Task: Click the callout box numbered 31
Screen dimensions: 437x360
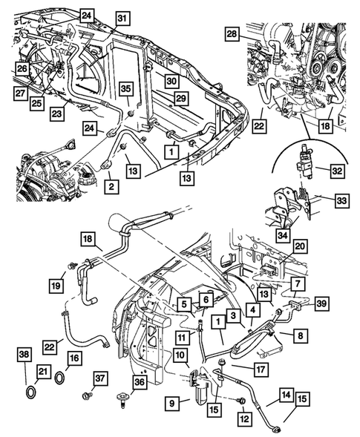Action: (122, 18)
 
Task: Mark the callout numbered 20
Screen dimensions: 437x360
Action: (298, 246)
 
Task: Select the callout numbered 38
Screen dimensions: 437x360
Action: (24, 355)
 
